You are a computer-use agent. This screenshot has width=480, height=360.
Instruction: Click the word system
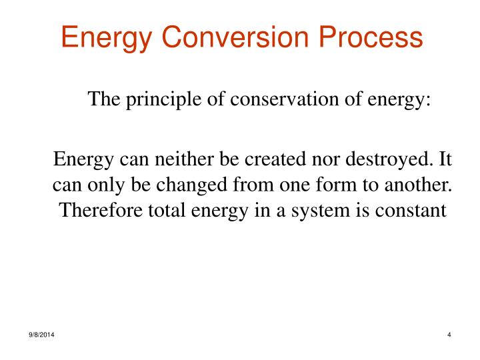(x=317, y=211)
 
